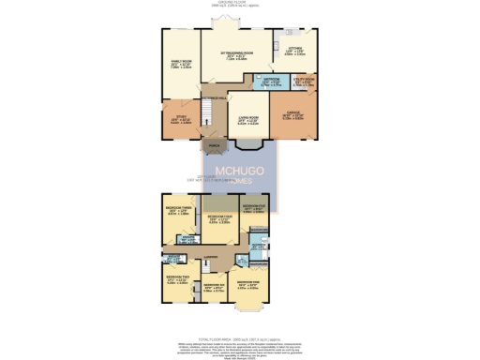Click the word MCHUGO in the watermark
pyautogui.click(x=240, y=172)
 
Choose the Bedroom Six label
pyautogui.click(x=215, y=288)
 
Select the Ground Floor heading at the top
pyautogui.click(x=240, y=3)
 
